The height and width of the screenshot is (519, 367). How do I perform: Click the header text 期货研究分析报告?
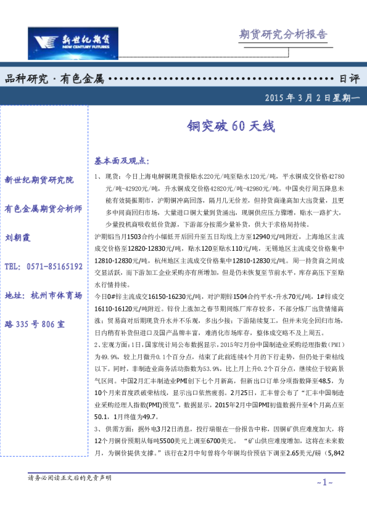[x=282, y=35]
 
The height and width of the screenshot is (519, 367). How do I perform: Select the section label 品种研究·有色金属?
[x=54, y=78]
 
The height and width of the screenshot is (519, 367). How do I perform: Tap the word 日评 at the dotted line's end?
[x=349, y=78]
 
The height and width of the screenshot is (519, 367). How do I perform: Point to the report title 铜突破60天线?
[x=229, y=126]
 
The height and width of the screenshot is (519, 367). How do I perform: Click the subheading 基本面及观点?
[x=122, y=161]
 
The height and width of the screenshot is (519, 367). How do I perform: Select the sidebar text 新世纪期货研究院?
[x=39, y=180]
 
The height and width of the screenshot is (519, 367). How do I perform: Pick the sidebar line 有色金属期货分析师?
[x=43, y=208]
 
